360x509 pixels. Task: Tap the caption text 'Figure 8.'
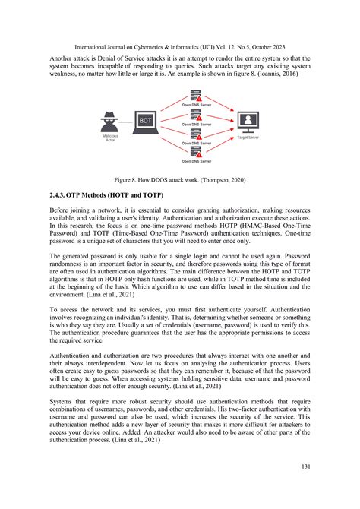coord(130,181)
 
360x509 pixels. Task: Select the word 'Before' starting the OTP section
coord(61,210)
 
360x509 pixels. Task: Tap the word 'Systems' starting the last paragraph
coord(63,402)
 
